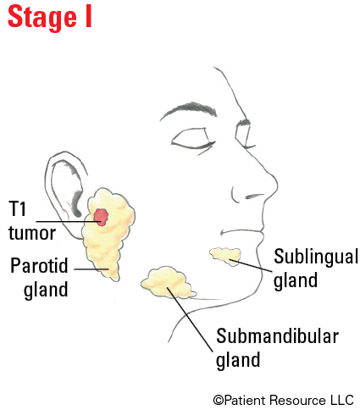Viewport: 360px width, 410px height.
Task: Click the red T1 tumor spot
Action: tap(101, 217)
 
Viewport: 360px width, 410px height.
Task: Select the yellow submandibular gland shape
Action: tap(168, 282)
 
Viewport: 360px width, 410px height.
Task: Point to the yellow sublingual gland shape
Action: tap(226, 256)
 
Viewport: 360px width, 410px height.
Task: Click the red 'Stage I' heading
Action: tap(50, 18)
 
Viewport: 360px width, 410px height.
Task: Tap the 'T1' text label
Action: tap(17, 209)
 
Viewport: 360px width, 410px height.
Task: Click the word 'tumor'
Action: tap(32, 233)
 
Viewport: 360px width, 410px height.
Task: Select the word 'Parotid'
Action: tap(39, 265)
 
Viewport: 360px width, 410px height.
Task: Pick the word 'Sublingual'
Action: tap(316, 257)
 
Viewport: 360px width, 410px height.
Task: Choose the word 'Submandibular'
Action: tap(277, 335)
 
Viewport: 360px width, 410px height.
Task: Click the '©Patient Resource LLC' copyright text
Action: tap(283, 400)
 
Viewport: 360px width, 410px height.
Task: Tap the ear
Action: tap(65, 192)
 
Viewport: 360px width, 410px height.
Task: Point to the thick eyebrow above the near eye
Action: tap(189, 110)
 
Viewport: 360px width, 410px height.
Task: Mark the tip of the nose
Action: tap(277, 186)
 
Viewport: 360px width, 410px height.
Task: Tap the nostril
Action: tap(254, 196)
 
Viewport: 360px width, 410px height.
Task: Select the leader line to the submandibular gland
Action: tap(190, 319)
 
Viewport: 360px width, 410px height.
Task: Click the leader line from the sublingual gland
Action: tap(251, 265)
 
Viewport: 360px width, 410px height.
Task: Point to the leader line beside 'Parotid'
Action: tap(91, 269)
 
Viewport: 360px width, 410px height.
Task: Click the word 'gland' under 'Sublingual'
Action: tap(296, 280)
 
